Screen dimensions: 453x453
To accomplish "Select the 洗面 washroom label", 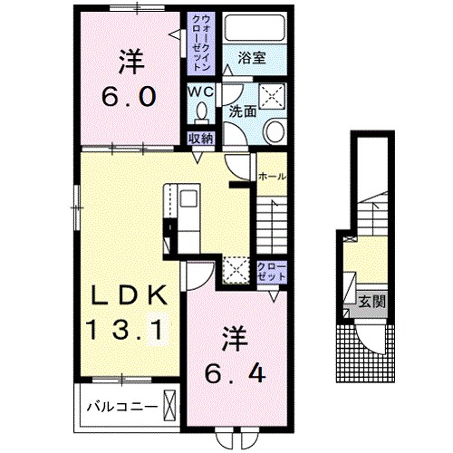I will (x=241, y=114).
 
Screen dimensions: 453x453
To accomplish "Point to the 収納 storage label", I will (x=200, y=139).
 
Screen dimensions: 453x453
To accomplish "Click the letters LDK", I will (x=128, y=295).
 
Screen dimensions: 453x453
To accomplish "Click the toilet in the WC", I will (x=201, y=114).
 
